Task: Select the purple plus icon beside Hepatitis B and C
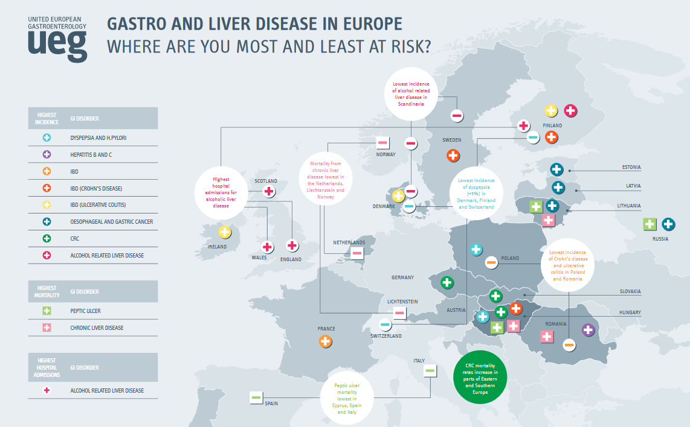click(x=47, y=155)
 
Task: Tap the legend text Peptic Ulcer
click(x=85, y=311)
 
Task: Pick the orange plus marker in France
click(x=326, y=341)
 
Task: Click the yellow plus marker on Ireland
click(x=225, y=232)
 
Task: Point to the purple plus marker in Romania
click(x=588, y=330)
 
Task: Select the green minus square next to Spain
click(x=256, y=397)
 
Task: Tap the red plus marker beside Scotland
click(x=269, y=191)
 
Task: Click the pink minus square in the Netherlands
click(x=357, y=253)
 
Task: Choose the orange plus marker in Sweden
click(x=453, y=156)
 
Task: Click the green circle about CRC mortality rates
click(x=480, y=379)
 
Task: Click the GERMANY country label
click(x=402, y=277)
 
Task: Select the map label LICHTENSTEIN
click(x=402, y=302)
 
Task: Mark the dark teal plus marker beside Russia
click(x=668, y=224)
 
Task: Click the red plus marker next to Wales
click(x=267, y=247)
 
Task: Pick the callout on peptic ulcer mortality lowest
click(x=347, y=399)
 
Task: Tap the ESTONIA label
click(x=631, y=167)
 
